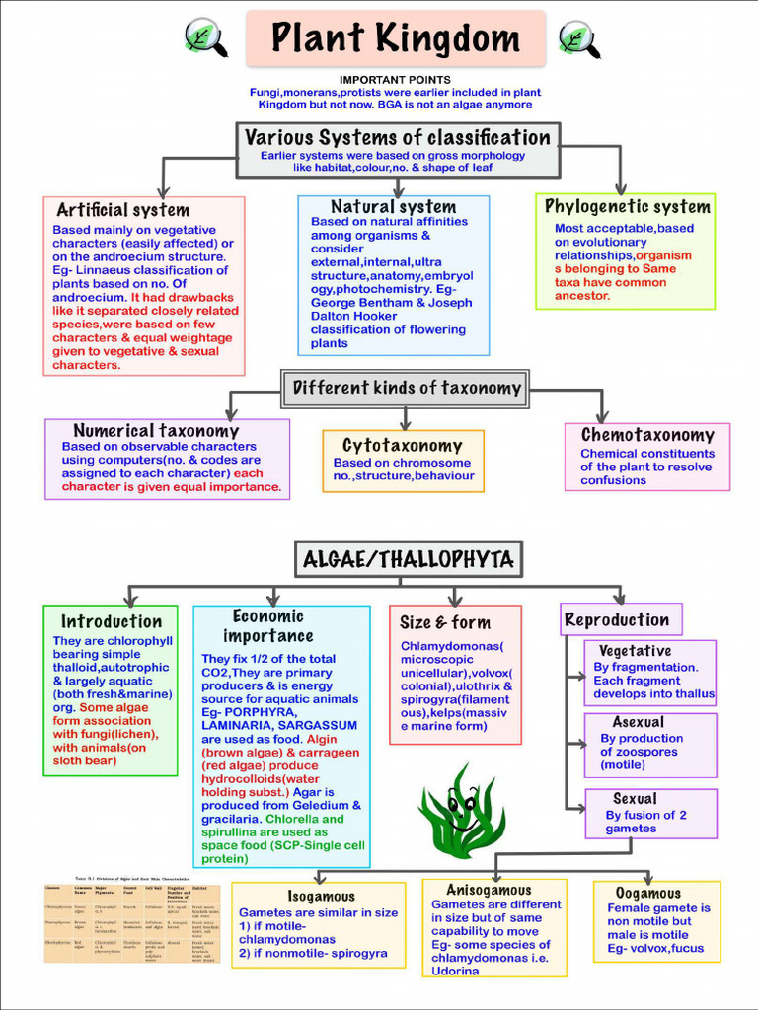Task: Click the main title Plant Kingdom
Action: click(x=395, y=38)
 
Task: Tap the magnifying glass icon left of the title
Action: click(x=205, y=38)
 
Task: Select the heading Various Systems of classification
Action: click(x=398, y=137)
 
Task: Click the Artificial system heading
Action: click(x=122, y=210)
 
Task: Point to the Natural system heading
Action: click(x=393, y=206)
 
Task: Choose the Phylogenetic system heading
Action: click(x=628, y=206)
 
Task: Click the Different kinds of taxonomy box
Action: click(x=406, y=388)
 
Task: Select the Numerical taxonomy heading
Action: click(x=156, y=430)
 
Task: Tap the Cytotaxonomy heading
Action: click(x=403, y=445)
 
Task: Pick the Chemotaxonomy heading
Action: click(x=647, y=435)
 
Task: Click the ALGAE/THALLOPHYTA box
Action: click(x=408, y=560)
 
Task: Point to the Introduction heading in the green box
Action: click(x=112, y=621)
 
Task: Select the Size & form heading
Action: click(x=445, y=622)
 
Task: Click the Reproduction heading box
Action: click(x=618, y=620)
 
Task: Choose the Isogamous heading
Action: click(x=322, y=896)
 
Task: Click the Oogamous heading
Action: click(x=648, y=893)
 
